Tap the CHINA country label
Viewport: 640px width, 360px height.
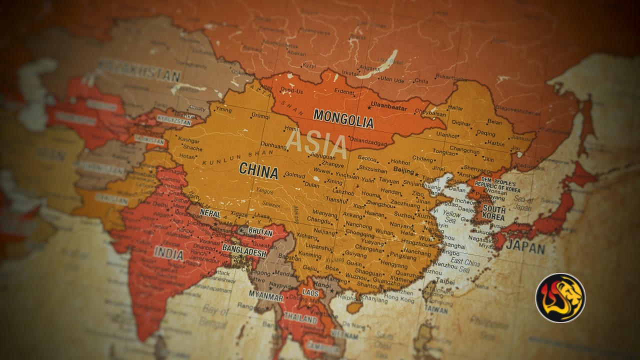pos(258,170)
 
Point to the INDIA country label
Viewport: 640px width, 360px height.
pos(168,253)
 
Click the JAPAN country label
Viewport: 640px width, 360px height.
pos(525,246)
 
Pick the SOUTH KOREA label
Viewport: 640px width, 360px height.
pos(494,213)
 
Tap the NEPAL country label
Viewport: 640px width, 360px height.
pos(210,212)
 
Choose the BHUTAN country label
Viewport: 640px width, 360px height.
pos(260,232)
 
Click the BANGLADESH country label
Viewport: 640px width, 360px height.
pos(244,251)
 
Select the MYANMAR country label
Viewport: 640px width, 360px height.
pos(266,295)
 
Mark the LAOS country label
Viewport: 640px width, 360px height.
pos(310,292)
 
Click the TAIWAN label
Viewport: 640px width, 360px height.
pos(436,310)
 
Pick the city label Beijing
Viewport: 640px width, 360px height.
pos(403,171)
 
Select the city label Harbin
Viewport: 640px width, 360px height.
pos(496,143)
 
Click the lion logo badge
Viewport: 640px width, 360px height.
pos(560,298)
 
